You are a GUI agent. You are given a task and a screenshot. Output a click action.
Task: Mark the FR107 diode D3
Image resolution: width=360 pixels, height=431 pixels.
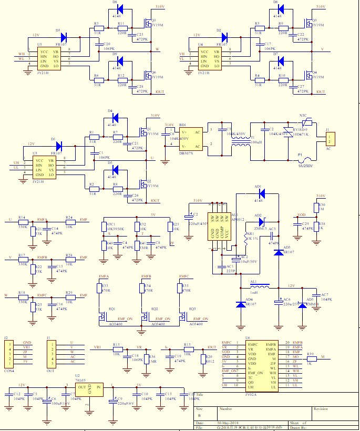coord(64,37)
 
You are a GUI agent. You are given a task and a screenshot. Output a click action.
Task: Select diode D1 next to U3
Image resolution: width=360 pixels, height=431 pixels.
coord(58,146)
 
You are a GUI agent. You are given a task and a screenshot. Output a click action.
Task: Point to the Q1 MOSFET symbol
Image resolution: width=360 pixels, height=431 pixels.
coord(142,130)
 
